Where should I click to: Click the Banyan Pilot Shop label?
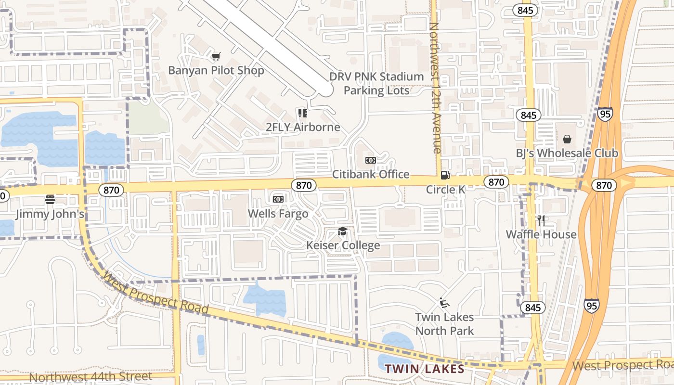[216, 71]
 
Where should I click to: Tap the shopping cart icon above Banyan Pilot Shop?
[216, 57]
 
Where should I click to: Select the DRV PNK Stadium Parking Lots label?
[376, 83]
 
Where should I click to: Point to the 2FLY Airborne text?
[303, 127]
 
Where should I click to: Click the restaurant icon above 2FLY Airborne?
[303, 113]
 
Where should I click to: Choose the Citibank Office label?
[371, 174]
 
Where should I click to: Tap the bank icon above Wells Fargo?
[278, 199]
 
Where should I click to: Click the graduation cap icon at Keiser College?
[342, 231]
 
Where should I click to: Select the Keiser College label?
[343, 245]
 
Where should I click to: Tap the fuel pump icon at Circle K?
[445, 175]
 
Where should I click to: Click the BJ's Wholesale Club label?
[567, 153]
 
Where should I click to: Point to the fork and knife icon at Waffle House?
[541, 220]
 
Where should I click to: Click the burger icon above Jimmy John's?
[50, 199]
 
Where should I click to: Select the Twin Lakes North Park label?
[444, 324]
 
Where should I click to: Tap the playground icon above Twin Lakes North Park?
[444, 303]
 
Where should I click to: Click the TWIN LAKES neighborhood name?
[424, 369]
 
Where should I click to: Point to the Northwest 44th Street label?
[91, 376]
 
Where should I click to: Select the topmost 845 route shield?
[525, 10]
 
